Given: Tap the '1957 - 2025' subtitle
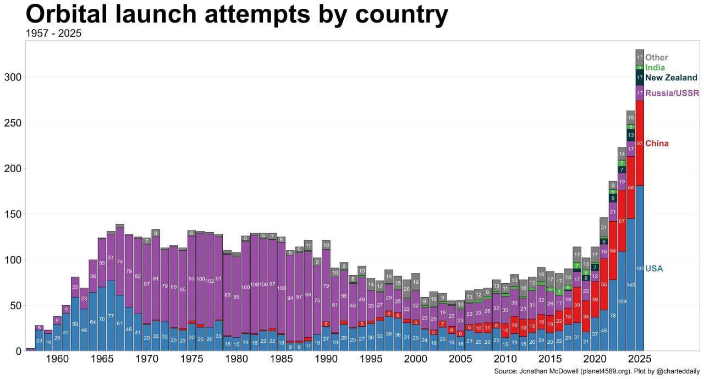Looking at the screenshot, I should click(53, 34).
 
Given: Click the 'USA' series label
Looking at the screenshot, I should click(654, 268).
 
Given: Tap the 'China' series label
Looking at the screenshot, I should click(657, 144).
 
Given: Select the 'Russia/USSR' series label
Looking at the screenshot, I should click(672, 94).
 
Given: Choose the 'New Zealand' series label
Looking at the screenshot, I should click(671, 78).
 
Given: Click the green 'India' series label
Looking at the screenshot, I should click(655, 68).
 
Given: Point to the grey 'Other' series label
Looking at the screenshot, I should click(657, 57).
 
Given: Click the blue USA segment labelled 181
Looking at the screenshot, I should click(640, 268).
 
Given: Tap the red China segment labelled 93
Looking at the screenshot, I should click(640, 144).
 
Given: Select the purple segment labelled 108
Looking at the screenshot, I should click(255, 285).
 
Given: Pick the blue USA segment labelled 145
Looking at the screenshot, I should click(631, 284).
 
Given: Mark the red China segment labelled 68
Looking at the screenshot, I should click(631, 188).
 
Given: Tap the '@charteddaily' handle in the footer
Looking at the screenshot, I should click(676, 372).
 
